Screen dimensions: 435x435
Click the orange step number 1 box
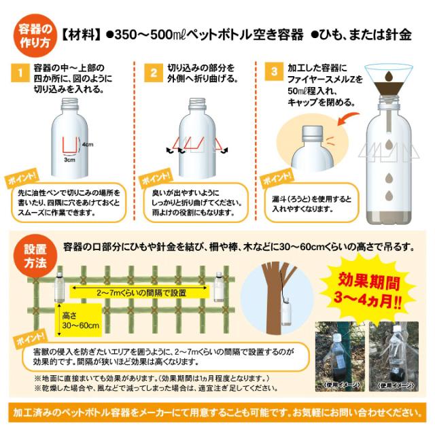(21, 71)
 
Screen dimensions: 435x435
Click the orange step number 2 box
(154, 71)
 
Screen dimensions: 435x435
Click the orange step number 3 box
(274, 71)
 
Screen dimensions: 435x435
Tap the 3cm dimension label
(69, 162)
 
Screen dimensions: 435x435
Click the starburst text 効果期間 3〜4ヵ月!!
(370, 289)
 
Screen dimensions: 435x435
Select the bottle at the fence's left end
(59, 285)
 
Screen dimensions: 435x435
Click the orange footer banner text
(217, 412)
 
